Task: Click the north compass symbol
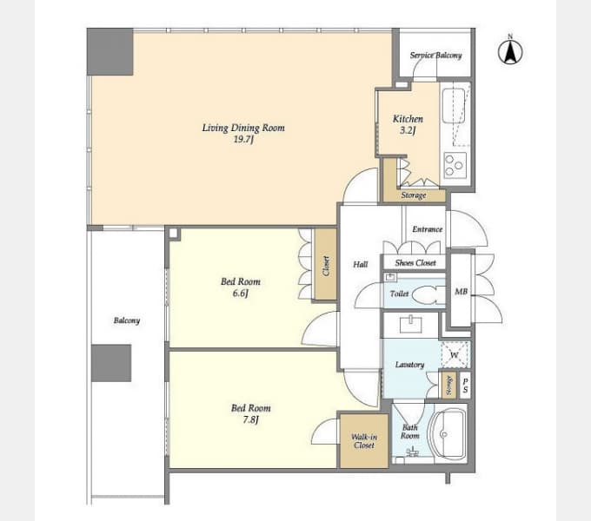(510, 51)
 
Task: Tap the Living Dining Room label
(243, 133)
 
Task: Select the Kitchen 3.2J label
(408, 124)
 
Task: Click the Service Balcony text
(435, 56)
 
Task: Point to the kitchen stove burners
(455, 165)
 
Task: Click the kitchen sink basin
(454, 106)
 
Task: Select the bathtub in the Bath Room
(448, 434)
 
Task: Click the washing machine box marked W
(455, 355)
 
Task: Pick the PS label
(466, 386)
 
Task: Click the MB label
(461, 292)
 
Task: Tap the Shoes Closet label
(415, 263)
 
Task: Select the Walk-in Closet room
(363, 441)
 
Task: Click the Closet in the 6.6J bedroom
(326, 265)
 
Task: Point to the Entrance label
(427, 229)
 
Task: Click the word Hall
(361, 265)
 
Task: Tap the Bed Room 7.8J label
(250, 413)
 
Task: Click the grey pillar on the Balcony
(111, 363)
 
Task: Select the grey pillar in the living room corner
(110, 52)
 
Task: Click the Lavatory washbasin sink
(411, 325)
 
